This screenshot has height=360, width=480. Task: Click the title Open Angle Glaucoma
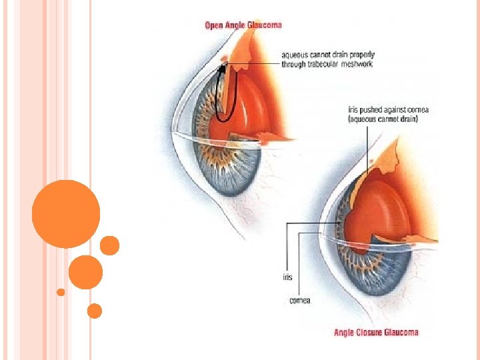[243, 25]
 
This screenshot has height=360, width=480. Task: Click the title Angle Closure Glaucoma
[377, 332]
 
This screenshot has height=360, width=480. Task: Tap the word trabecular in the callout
[323, 64]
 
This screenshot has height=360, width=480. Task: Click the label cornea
[299, 301]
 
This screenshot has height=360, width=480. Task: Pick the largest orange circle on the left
[66, 214]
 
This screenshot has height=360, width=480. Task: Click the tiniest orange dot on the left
[61, 292]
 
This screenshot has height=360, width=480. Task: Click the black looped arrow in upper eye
[225, 93]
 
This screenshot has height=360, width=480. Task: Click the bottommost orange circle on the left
[95, 311]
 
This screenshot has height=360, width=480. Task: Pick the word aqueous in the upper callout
[295, 55]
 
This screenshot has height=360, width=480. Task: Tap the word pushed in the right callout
[371, 109]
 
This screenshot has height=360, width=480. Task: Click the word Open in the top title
[213, 25]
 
